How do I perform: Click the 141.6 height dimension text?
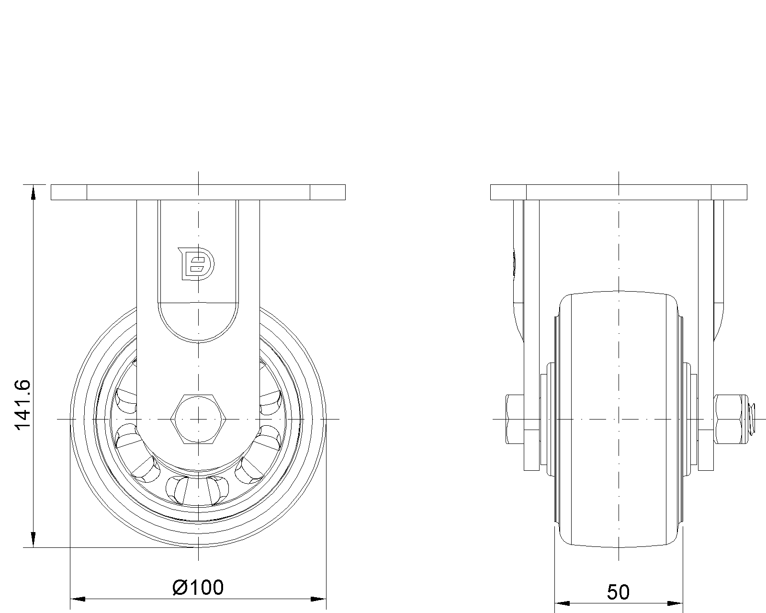coord(23,405)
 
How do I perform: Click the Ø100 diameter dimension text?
coord(198,587)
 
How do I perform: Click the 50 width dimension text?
coord(618,592)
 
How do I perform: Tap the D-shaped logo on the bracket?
coord(196,263)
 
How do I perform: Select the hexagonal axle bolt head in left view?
coord(199,419)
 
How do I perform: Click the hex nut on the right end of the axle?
coord(729,419)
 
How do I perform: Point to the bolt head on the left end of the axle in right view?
coord(514,419)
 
